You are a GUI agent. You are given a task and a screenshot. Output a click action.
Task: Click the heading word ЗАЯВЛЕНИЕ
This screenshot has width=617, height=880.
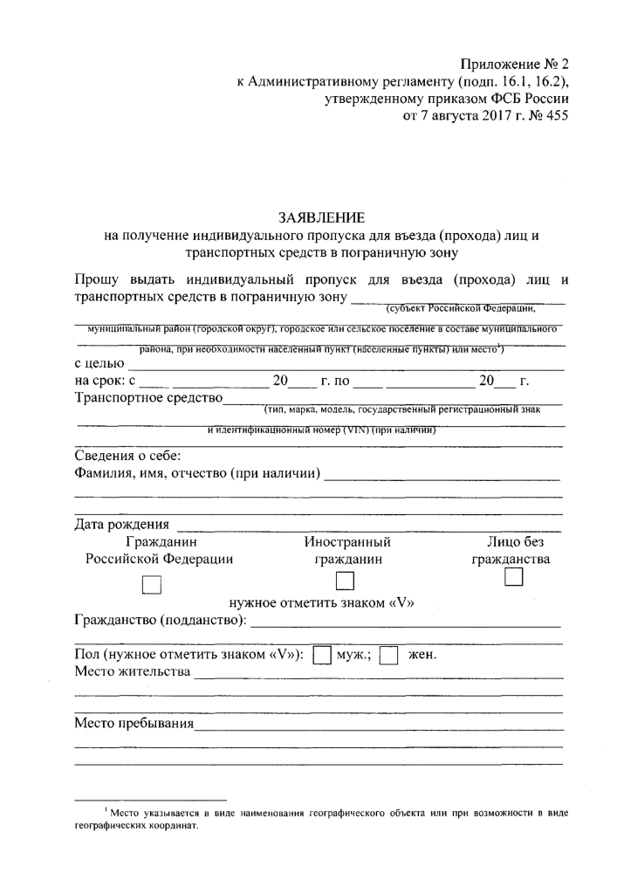[x=321, y=216]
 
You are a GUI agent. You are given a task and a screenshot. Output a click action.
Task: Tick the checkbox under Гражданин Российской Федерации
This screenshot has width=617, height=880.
[x=153, y=587]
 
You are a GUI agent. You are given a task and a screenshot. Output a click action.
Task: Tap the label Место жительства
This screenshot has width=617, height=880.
[x=132, y=672]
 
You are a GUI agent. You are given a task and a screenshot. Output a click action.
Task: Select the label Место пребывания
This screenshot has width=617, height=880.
[x=133, y=724]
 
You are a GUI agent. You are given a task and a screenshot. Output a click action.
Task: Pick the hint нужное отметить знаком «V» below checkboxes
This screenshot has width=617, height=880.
[x=321, y=602]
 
